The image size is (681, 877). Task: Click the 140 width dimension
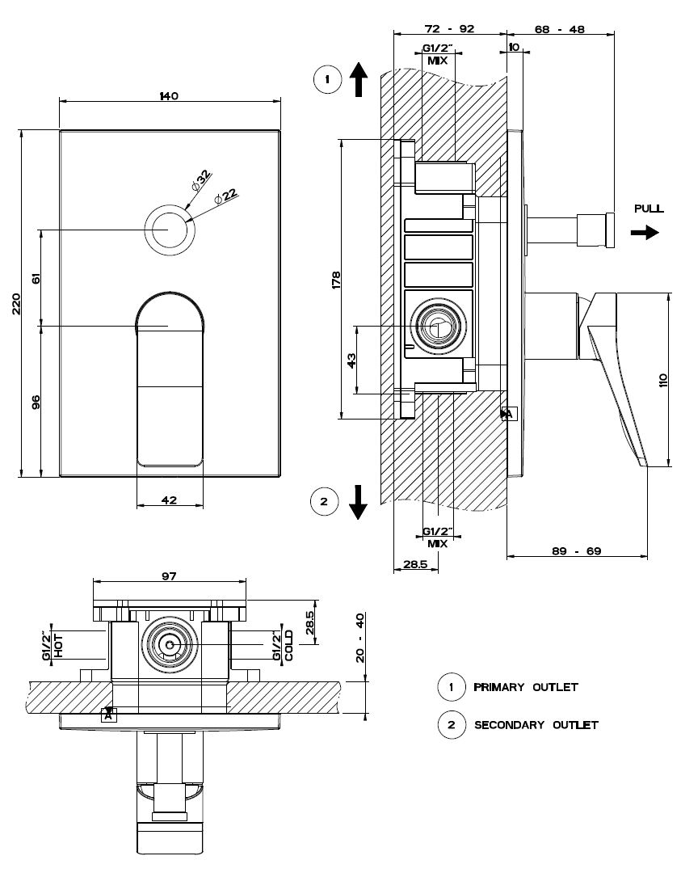(169, 95)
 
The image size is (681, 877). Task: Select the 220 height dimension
(16, 303)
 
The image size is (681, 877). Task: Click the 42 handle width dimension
(169, 500)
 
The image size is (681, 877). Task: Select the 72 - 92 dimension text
(449, 28)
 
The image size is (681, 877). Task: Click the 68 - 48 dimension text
(560, 28)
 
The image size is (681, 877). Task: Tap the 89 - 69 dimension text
(577, 551)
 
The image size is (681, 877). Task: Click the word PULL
(649, 209)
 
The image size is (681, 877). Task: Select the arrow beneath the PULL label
(645, 231)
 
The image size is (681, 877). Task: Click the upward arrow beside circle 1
(359, 79)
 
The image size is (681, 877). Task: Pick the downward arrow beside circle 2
(358, 502)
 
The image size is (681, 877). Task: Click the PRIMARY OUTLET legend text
(526, 687)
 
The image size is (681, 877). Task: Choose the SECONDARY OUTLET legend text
(536, 725)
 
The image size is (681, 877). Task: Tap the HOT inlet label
(59, 646)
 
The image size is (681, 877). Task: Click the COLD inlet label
(288, 646)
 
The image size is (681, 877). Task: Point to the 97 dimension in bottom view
(169, 576)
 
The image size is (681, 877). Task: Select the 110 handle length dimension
(662, 381)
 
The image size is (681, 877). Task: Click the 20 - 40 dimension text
(360, 638)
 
